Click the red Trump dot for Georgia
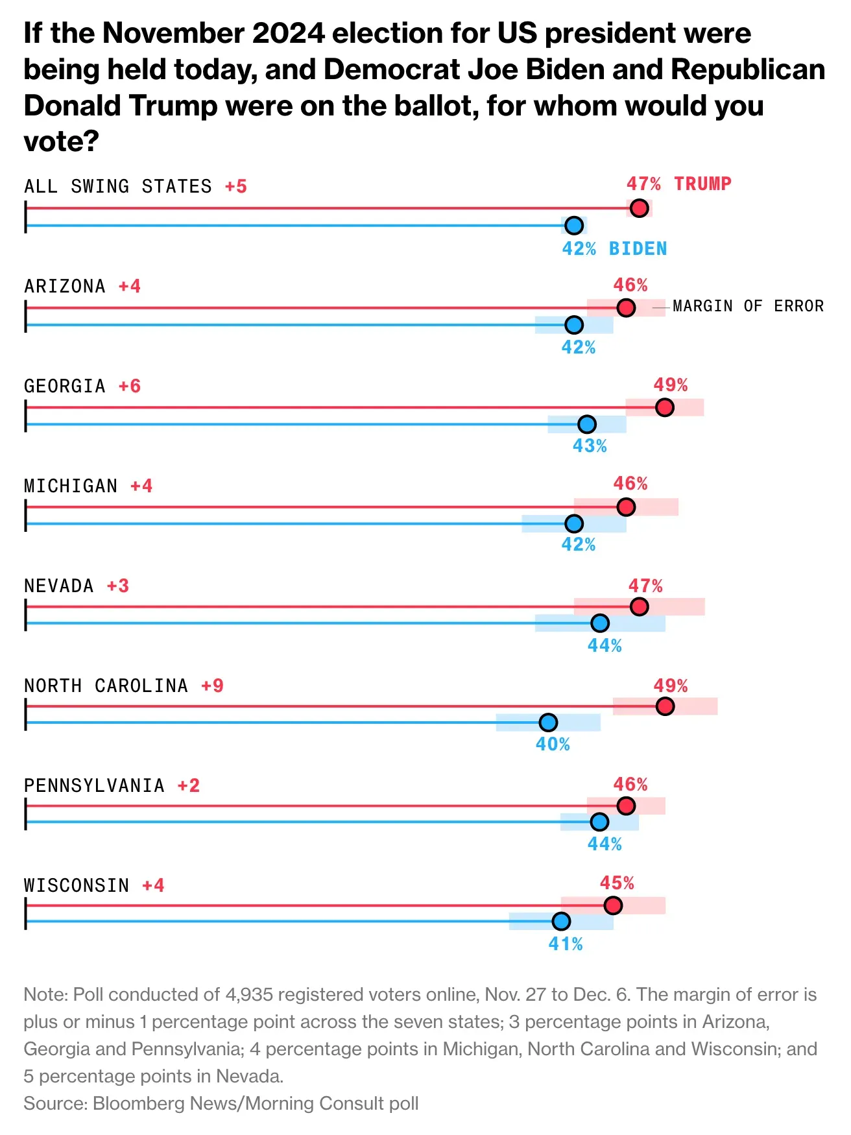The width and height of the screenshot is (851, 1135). point(664,407)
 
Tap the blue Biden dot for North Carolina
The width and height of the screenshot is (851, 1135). point(548,723)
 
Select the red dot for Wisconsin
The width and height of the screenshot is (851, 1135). point(612,905)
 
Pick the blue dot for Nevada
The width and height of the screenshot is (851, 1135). point(600,623)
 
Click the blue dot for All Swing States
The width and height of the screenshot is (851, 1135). point(574,226)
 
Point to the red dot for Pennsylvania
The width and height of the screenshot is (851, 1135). point(626,806)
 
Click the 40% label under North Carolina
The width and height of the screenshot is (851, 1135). point(553,745)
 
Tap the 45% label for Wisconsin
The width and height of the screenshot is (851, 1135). point(617,883)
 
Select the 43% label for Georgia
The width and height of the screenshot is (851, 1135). point(590,446)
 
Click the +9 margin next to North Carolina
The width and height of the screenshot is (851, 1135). point(212,686)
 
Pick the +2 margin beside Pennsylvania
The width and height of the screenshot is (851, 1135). point(189,786)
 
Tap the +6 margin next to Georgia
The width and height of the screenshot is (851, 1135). point(130,387)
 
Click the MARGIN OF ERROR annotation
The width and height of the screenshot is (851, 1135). point(748,306)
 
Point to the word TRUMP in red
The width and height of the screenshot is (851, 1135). point(702,184)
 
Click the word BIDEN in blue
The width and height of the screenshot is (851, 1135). point(638,249)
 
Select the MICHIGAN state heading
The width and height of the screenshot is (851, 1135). point(71,486)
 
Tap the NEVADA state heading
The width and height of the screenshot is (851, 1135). point(59,586)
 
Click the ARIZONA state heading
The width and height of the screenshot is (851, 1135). point(65,287)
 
